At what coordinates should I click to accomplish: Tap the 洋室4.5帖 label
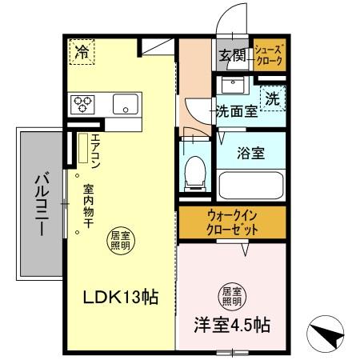coord(231,326)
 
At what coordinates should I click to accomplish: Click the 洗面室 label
coord(235,111)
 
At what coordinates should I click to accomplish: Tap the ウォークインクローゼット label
coord(231,222)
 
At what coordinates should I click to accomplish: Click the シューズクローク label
coord(270,54)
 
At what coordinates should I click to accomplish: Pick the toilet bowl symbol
coord(194,170)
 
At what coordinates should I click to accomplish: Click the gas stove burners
coord(83,102)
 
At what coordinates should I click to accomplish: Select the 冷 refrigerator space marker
coord(82,53)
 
